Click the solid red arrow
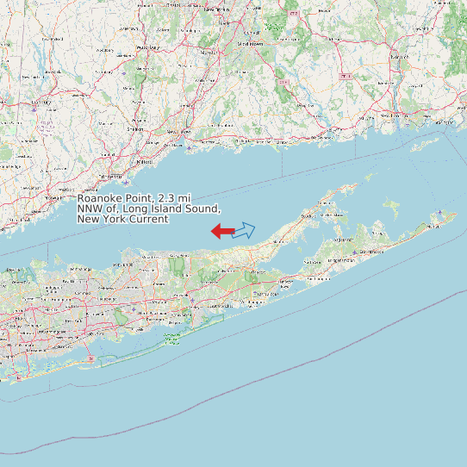222,230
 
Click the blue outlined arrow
244,230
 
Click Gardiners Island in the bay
393,207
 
